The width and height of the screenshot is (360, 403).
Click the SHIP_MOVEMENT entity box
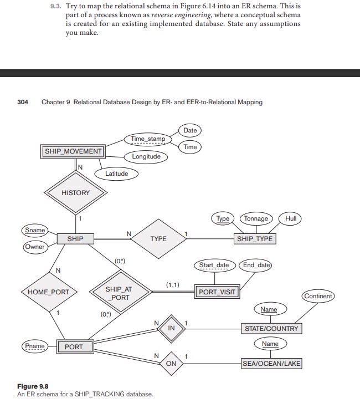pos(73,151)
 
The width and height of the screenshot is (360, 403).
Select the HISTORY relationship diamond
pos(75,193)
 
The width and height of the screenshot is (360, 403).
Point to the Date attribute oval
pos(190,130)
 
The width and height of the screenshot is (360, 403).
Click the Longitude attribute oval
pos(146,156)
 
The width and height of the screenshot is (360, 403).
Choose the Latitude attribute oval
pos(116,174)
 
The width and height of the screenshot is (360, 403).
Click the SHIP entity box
pos(75,239)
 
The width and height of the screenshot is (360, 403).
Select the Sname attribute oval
pos(35,230)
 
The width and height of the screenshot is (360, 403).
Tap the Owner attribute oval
pos(34,247)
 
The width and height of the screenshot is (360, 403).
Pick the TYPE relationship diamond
pos(158,239)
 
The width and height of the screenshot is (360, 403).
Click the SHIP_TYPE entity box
pos(255,239)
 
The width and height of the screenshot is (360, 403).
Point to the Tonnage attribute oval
pos(256,218)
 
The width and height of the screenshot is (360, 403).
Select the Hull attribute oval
pos(291,218)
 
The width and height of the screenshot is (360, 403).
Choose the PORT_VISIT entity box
pos(216,292)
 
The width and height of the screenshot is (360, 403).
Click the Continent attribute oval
pos(318,296)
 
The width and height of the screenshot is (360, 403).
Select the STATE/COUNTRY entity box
pos(271,329)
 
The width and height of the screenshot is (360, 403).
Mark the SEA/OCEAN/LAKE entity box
pos(271,364)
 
